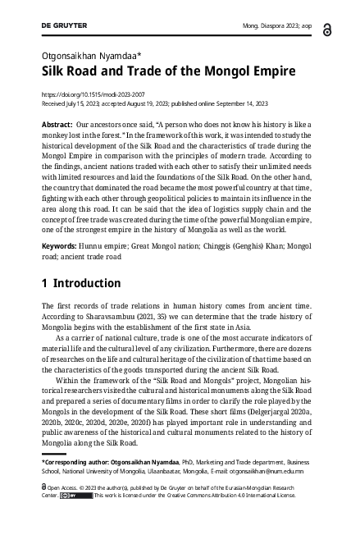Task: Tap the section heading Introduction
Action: click(x=86, y=284)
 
